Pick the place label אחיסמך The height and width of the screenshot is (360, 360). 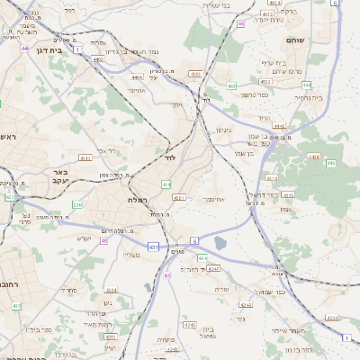pos(213,198)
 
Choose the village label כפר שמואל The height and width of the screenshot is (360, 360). pos(270,292)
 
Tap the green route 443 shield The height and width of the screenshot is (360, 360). pos(330,163)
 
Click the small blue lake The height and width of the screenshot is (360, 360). pos(220,241)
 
